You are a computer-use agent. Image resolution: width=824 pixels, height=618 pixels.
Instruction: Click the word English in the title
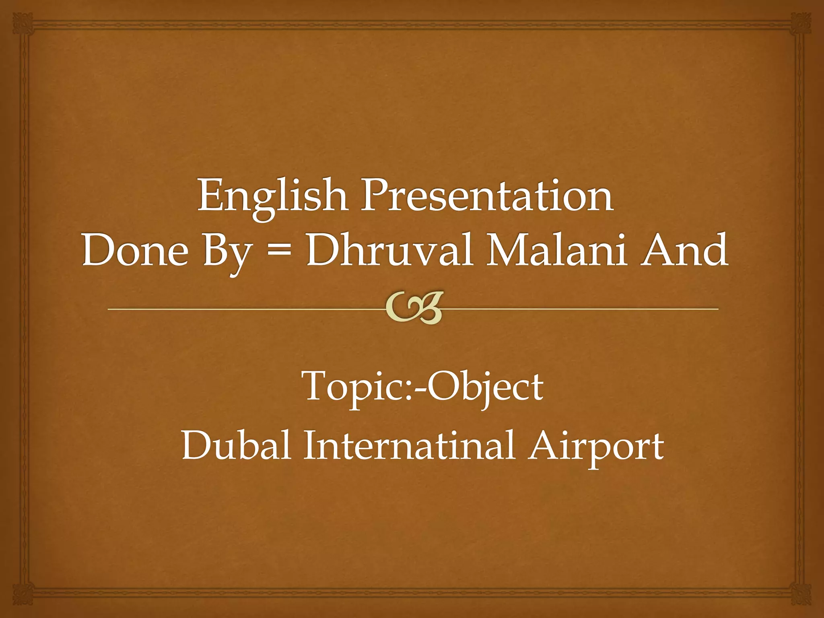click(x=272, y=197)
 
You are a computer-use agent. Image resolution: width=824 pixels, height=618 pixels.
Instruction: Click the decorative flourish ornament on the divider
click(x=414, y=308)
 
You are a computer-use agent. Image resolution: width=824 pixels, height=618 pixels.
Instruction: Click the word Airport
click(x=596, y=447)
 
